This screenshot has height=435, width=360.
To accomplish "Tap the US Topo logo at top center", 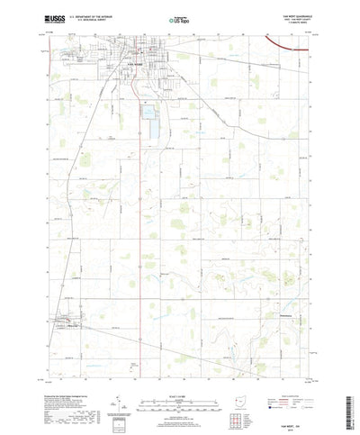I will pos(177,17).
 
